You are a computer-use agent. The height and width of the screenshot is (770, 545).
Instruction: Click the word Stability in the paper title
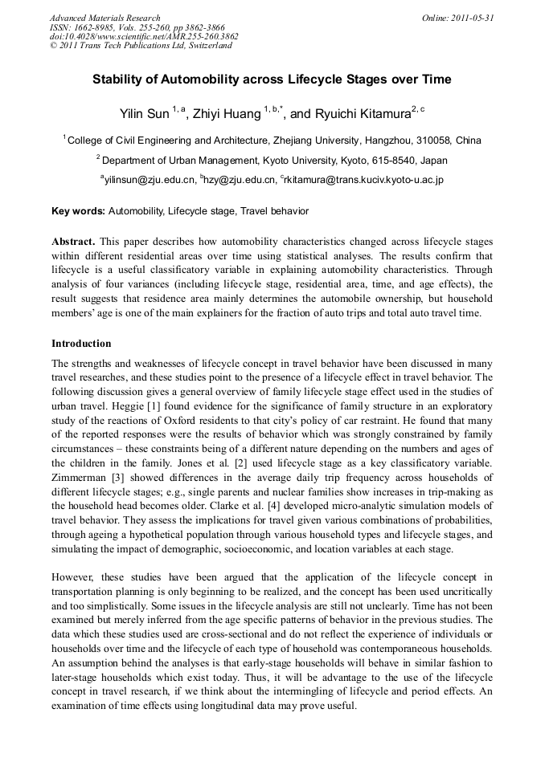click(119, 79)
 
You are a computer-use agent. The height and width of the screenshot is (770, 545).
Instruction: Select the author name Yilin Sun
click(142, 114)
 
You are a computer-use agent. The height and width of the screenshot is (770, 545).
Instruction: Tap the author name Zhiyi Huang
click(227, 114)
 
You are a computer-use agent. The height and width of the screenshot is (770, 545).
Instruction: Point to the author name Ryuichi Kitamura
click(363, 114)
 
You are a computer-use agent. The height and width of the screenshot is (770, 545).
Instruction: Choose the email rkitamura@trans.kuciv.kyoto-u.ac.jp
click(365, 180)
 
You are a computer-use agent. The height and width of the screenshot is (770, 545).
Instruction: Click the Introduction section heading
click(81, 343)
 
